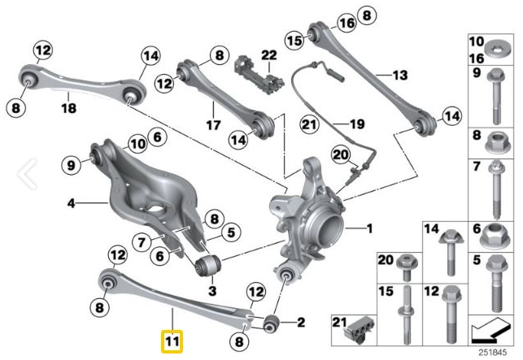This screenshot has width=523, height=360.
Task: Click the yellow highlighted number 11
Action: tap(172, 340)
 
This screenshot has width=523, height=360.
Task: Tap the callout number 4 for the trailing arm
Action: tap(72, 202)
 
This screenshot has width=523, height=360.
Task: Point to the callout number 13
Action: tap(399, 75)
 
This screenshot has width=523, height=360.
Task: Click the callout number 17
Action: tap(213, 126)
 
